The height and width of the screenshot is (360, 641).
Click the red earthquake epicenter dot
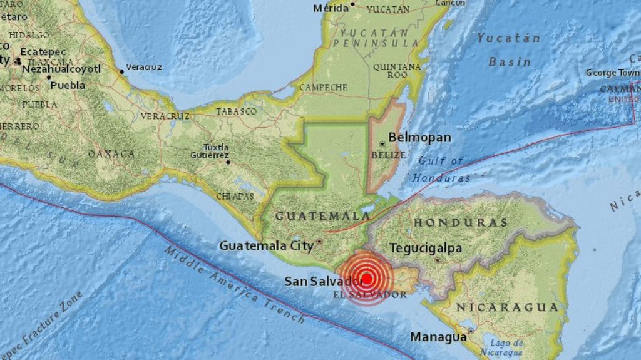[367, 279]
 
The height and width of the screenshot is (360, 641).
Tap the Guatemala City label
[266, 246]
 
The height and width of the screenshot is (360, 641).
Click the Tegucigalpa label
[426, 249]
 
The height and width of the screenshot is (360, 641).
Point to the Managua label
[438, 337]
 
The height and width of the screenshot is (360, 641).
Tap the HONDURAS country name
[460, 222]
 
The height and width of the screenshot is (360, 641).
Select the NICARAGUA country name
[507, 307]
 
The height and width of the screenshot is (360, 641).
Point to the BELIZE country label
[388, 155]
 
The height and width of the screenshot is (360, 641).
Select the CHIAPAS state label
[236, 197]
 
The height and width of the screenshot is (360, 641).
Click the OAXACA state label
[111, 153]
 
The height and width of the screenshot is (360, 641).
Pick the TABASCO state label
[236, 111]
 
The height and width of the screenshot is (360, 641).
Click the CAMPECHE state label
[323, 87]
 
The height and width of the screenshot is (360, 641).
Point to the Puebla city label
[68, 85]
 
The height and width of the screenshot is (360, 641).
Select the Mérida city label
[331, 8]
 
